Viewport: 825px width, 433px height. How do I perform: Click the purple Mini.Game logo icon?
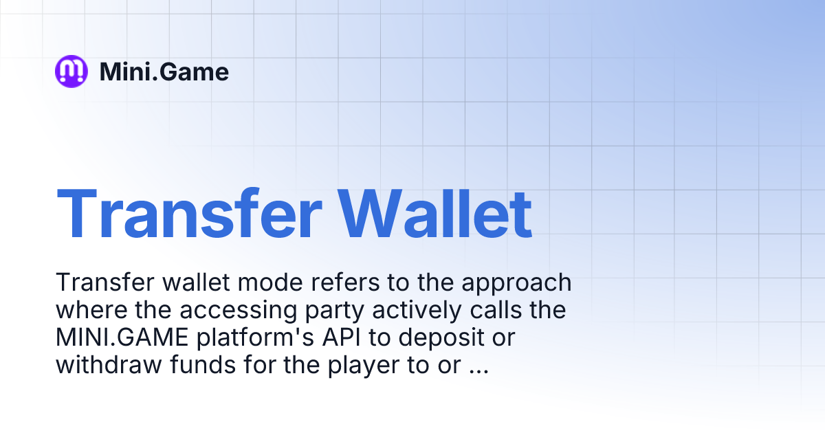click(x=71, y=71)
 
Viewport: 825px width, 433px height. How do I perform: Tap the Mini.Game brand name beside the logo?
click(x=164, y=71)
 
